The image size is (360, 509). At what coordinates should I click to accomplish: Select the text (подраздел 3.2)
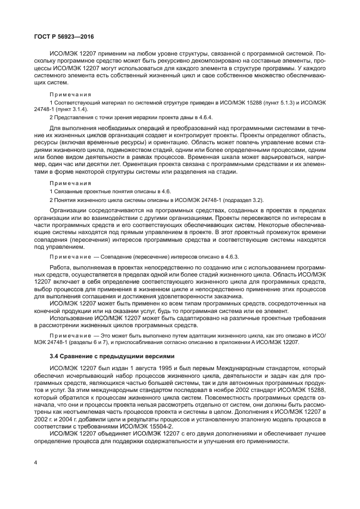click(x=241, y=200)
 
